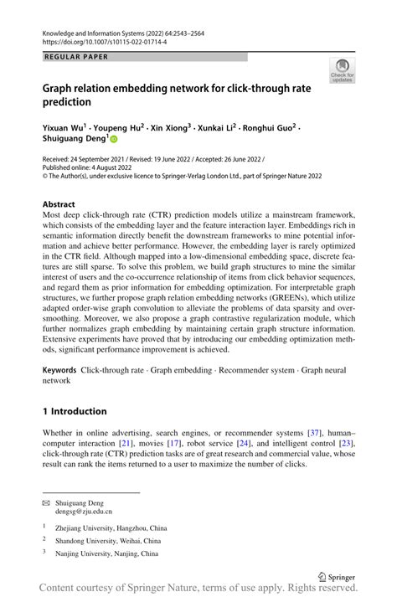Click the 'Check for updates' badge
(x=342, y=70)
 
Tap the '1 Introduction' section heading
(x=75, y=411)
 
